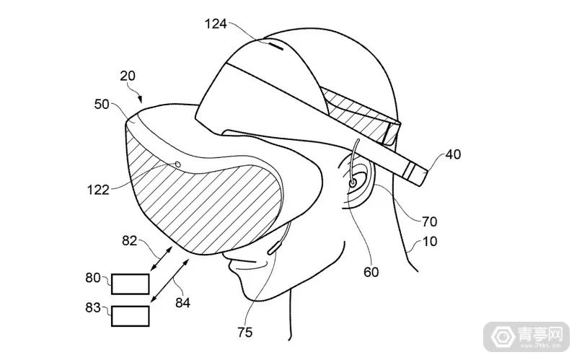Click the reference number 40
point(452,154)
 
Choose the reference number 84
point(182,302)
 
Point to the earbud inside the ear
point(351,183)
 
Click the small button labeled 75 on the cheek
point(275,250)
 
